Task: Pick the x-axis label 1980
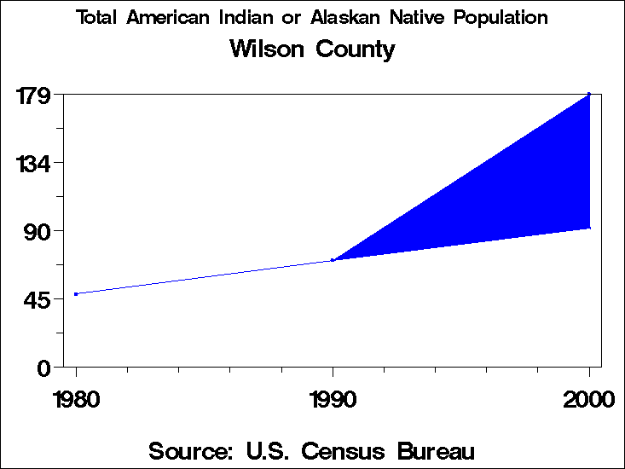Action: (x=76, y=399)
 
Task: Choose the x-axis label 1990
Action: (x=333, y=399)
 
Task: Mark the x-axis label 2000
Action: (x=588, y=399)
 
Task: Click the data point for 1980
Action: (x=76, y=294)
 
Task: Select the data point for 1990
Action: (x=333, y=260)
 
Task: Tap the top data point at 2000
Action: (x=589, y=94)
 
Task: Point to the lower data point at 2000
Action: (x=589, y=228)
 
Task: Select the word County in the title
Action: (x=356, y=49)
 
